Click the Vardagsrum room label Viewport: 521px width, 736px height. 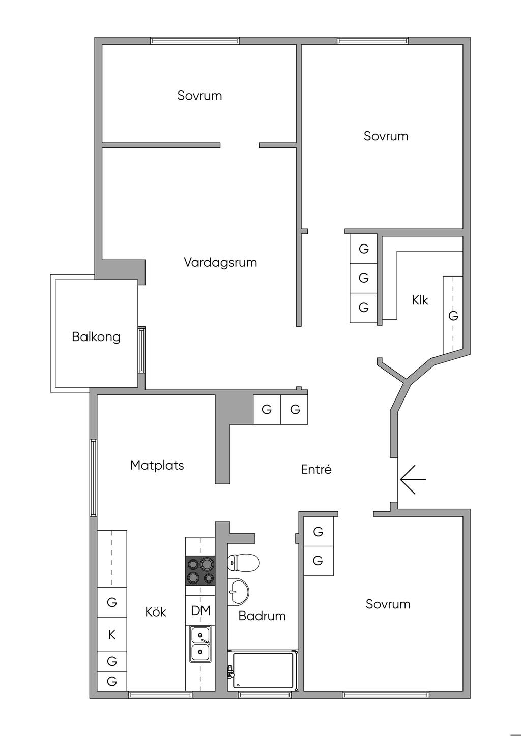pyautogui.click(x=220, y=263)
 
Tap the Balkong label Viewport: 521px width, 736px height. pyautogui.click(x=96, y=337)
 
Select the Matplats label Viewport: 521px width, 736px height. pyautogui.click(x=157, y=465)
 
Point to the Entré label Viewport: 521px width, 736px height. pyautogui.click(x=316, y=469)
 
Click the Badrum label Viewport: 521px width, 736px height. pyautogui.click(x=262, y=616)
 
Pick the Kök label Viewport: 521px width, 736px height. pyautogui.click(x=156, y=612)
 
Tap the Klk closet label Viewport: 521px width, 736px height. pyautogui.click(x=420, y=300)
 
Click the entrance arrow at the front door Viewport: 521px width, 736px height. pyautogui.click(x=413, y=479)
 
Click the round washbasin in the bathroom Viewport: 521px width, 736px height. pyautogui.click(x=238, y=591)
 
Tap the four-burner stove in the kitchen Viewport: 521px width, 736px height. pyautogui.click(x=200, y=570)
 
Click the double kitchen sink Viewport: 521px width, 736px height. pyautogui.click(x=200, y=643)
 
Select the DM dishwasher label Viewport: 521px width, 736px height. pyautogui.click(x=200, y=610)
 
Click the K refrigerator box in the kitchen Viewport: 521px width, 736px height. pyautogui.click(x=112, y=635)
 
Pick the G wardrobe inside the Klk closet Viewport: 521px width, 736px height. pyautogui.click(x=453, y=316)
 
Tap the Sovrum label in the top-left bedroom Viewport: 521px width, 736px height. pyautogui.click(x=199, y=96)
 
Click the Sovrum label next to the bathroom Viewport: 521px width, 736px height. pyautogui.click(x=388, y=604)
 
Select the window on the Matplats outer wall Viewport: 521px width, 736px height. pyautogui.click(x=94, y=478)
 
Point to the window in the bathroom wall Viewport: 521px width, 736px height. pyautogui.click(x=257, y=695)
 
